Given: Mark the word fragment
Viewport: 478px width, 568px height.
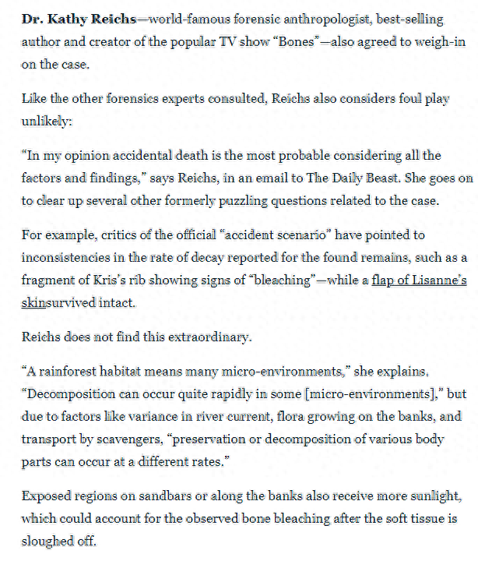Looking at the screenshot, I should click(x=48, y=280).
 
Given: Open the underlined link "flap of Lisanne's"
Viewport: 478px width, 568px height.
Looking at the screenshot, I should click(x=419, y=280).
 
